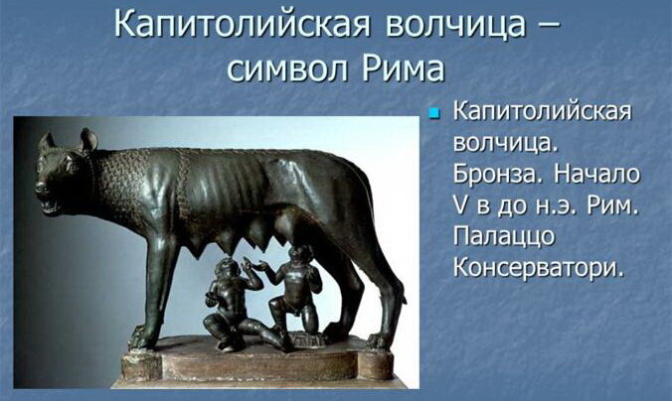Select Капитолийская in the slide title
coord(242,24)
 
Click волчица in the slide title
coord(454,25)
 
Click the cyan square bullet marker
coord(434,113)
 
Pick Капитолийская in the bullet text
coord(542,111)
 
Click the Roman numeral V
coord(460,205)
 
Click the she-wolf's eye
coord(70,168)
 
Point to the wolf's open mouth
coord(50,206)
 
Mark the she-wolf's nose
coord(40,187)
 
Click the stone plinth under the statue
coord(257,363)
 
